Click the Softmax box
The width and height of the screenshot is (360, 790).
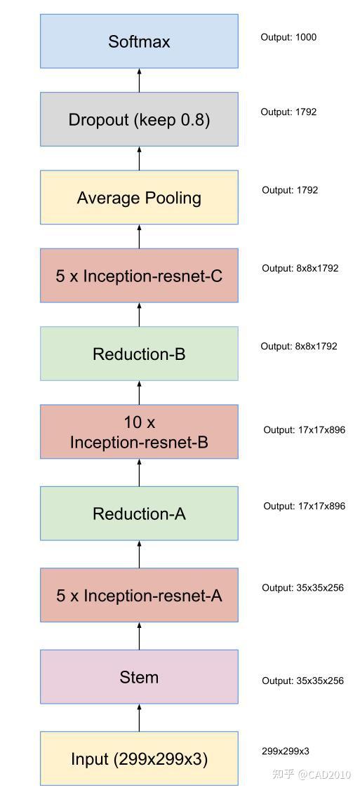[x=139, y=41]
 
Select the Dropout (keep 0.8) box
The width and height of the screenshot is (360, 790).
[x=139, y=119]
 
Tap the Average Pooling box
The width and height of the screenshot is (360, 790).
[x=139, y=198]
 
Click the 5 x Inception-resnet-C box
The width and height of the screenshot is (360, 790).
[x=139, y=276]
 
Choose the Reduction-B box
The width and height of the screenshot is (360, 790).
[x=139, y=354]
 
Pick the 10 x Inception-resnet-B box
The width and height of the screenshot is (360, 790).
[x=139, y=432]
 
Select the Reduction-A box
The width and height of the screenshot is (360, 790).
[x=139, y=514]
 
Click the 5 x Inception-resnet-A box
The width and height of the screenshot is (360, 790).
[x=139, y=596]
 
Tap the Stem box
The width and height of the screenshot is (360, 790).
[x=139, y=677]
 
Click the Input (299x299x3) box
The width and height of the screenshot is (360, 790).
[x=139, y=758]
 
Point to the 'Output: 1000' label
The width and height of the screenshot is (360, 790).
[x=288, y=37]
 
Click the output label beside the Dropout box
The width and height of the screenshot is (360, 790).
[x=288, y=112]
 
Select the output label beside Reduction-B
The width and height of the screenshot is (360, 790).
[x=299, y=346]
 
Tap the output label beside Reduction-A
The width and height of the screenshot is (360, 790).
[x=304, y=506]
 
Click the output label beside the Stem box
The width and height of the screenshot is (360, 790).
[x=302, y=681]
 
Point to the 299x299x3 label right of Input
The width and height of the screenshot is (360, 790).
[x=285, y=751]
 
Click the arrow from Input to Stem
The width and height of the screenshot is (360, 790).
[x=139, y=718]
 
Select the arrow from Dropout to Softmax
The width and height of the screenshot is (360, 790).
[x=139, y=80]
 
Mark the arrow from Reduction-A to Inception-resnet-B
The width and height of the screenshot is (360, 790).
[x=139, y=473]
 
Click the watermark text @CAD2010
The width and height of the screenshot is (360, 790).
[x=324, y=775]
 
